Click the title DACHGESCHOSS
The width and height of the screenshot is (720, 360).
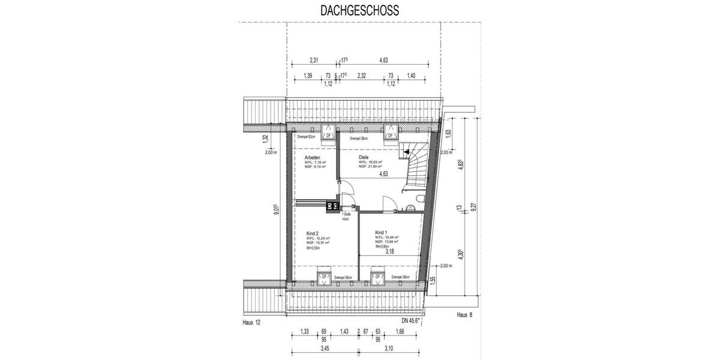tap(358, 10)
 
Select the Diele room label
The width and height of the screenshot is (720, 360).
tap(364, 157)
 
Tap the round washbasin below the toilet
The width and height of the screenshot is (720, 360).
tap(411, 208)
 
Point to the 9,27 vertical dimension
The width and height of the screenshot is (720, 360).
tap(473, 207)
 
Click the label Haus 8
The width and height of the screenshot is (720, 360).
tap(465, 313)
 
